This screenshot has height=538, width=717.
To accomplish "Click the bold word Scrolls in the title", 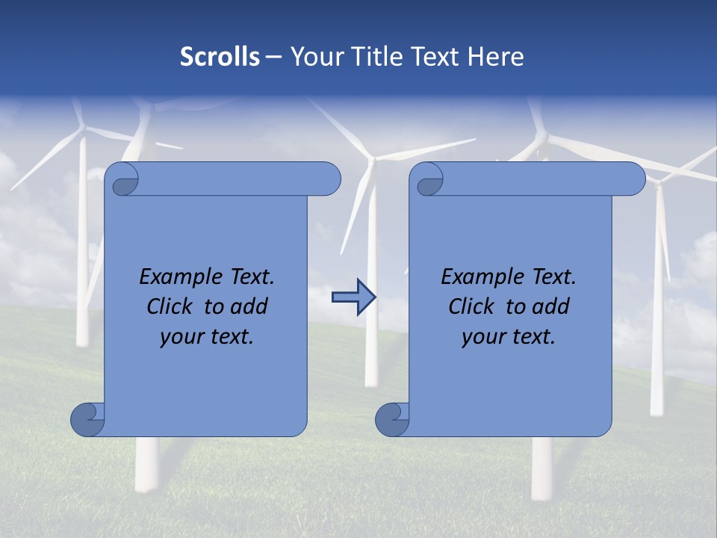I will pyautogui.click(x=220, y=57).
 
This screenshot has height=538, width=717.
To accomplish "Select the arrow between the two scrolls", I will pyautogui.click(x=353, y=297).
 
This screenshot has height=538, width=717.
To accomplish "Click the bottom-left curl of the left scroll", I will pyautogui.click(x=87, y=419).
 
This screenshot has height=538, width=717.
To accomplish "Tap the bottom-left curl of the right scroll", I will pyautogui.click(x=392, y=419).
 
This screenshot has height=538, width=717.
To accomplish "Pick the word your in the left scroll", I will pyautogui.click(x=179, y=338).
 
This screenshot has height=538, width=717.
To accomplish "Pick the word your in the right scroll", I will pyautogui.click(x=481, y=338).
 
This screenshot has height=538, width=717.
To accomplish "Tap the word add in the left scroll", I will pyautogui.click(x=250, y=306).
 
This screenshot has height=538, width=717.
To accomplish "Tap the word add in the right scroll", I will pyautogui.click(x=552, y=306).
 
